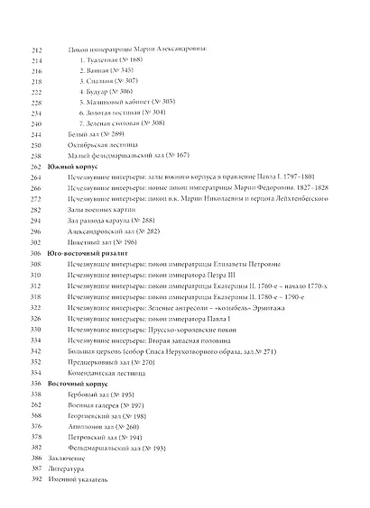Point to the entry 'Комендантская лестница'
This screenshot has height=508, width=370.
coord(109,371)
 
